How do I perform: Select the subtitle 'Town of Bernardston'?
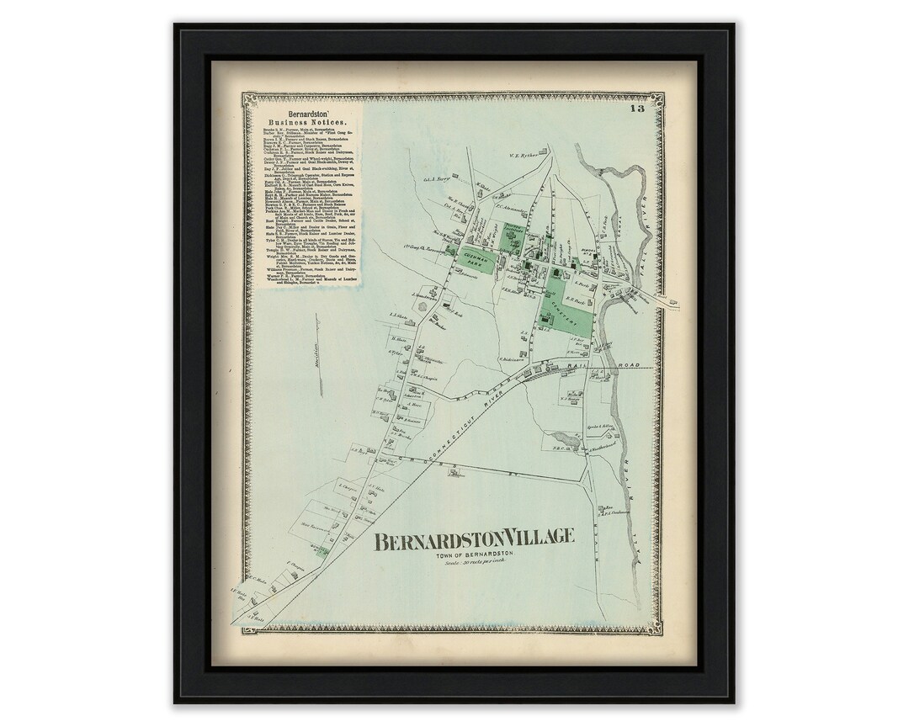click(474, 556)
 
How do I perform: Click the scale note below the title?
click(474, 565)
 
